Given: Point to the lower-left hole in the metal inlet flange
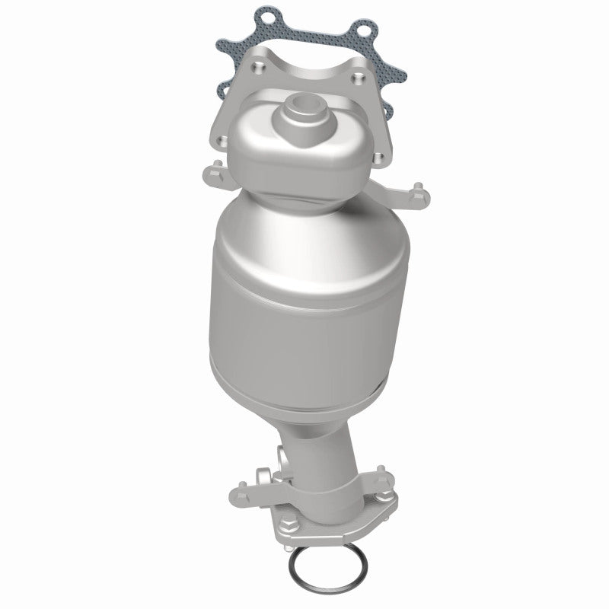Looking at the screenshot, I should coord(220,140).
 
